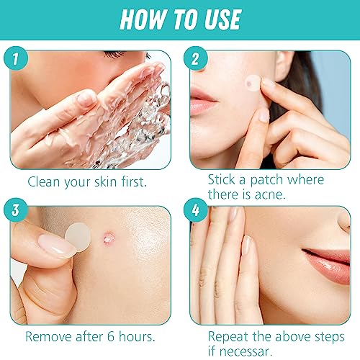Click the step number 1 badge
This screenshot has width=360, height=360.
pos(16,58)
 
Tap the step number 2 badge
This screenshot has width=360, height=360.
pos(196,58)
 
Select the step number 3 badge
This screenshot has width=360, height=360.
pos(16,210)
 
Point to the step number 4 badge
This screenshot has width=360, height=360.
pos(196,210)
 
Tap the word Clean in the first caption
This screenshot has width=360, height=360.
pos(43,181)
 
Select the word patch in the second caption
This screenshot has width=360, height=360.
pos(266,180)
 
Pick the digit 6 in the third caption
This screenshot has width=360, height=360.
pos(111,336)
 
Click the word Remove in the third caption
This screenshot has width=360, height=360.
pos(48,336)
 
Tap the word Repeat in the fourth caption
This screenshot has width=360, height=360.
pos(228,336)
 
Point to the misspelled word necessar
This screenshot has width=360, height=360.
pos(246,352)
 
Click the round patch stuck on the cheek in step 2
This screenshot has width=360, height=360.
pos(253,83)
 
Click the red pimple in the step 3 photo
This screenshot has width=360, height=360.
pos(109,238)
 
